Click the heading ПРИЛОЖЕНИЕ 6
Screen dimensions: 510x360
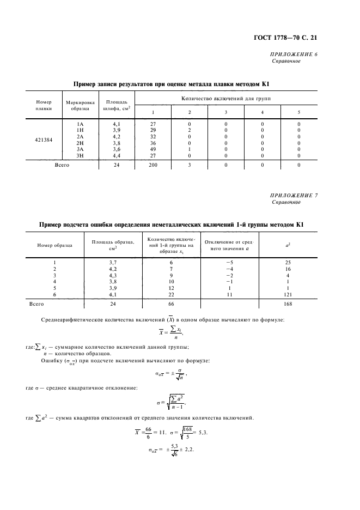click(x=294, y=55)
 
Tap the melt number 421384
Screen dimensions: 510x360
click(x=44, y=139)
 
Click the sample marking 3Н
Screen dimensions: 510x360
click(x=80, y=155)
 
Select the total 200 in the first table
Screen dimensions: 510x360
click(x=153, y=165)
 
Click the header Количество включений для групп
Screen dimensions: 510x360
click(x=226, y=98)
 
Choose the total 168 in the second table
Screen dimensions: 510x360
click(x=288, y=304)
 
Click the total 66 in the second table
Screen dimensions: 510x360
click(x=171, y=304)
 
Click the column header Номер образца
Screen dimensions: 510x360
click(x=54, y=245)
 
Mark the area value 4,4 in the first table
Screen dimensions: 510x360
click(x=116, y=155)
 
